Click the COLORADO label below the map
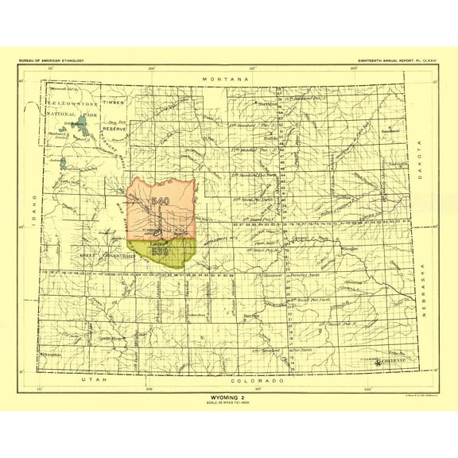point(258,380)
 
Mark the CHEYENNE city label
point(394,359)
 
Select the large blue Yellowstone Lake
point(77,125)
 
